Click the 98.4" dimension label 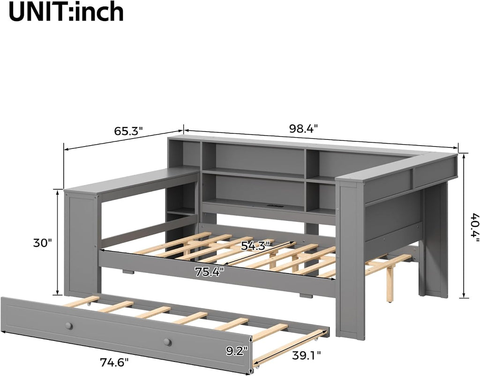pos(304,129)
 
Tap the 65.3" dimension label pos(128,132)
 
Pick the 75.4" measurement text pos(210,272)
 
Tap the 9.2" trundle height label pos(237,352)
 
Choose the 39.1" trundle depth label pos(307,355)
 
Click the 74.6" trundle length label pos(114,362)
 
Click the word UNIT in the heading pos(38,12)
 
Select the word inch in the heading pos(99,12)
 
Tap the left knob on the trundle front pos(69,326)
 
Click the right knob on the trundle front pos(167,342)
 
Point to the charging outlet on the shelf pos(272,206)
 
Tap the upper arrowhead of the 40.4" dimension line pos(465,156)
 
